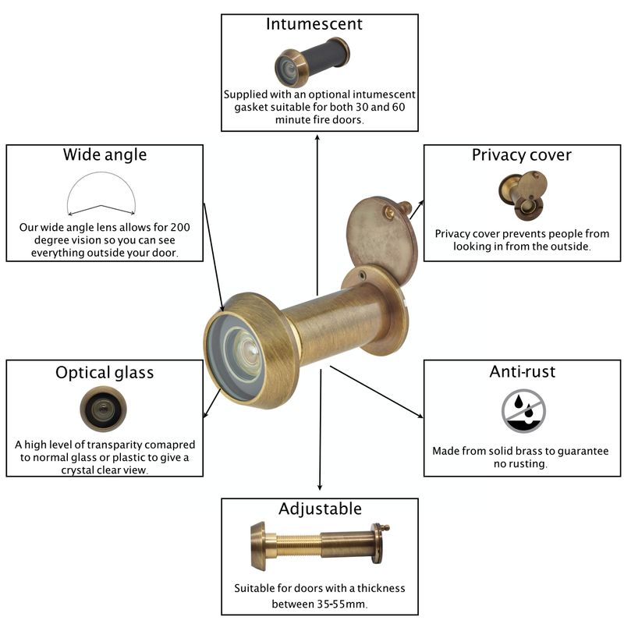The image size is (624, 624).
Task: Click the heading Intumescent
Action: pos(314,24)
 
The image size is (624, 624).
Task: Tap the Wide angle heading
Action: pos(105,154)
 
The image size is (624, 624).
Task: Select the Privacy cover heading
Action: pos(521,155)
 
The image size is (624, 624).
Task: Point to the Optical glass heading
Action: pos(105,373)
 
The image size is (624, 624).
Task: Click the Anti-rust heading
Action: pos(522,372)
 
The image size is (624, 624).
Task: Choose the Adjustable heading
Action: pos(320,509)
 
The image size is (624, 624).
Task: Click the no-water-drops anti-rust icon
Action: pos(523,412)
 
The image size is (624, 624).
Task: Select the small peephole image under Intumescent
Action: pos(312,62)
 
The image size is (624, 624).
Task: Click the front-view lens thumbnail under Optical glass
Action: pos(103,408)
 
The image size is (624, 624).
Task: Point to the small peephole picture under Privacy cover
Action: pos(523,196)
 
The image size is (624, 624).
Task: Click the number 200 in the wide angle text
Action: pos(180,227)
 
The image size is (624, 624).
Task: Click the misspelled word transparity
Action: pos(113,445)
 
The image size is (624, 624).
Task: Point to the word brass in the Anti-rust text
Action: pos(530,451)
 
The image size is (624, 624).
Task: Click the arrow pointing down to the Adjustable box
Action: pos(320,430)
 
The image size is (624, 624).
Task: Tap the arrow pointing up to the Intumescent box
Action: pos(317,214)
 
